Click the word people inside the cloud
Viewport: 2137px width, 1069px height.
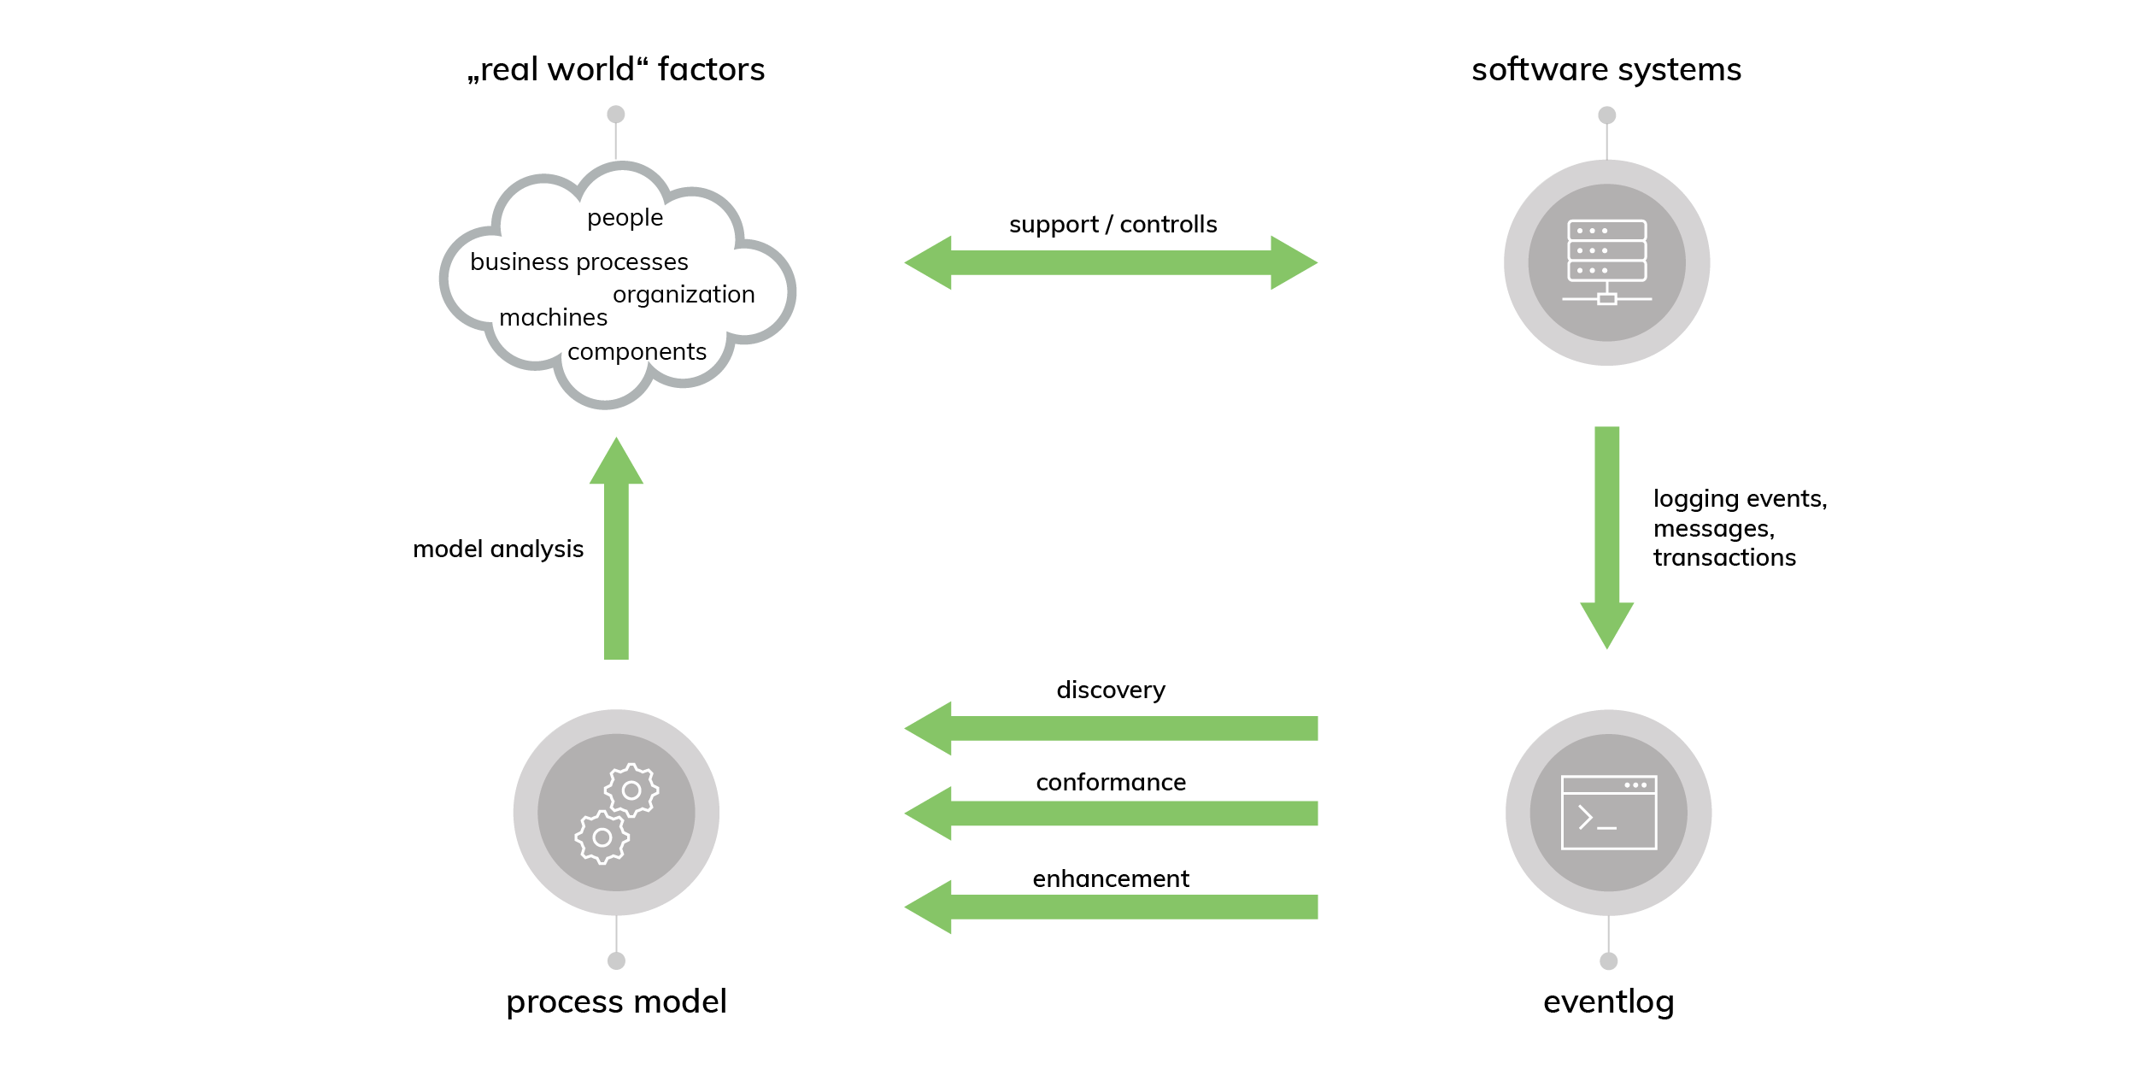tap(625, 218)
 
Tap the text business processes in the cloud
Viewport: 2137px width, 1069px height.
tap(578, 261)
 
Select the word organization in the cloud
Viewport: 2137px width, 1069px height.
tap(684, 294)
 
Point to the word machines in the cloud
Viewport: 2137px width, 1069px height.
tap(553, 317)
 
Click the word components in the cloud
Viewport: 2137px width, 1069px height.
tap(637, 351)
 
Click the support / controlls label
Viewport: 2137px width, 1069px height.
tap(1113, 224)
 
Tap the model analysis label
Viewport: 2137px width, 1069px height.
tap(498, 549)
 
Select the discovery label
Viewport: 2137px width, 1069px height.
tap(1110, 690)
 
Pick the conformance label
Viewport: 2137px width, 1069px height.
tap(1110, 782)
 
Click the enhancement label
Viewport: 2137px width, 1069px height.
tap(1110, 878)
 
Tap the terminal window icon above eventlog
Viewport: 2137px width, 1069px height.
tap(1608, 812)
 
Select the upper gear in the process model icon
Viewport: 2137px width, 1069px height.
tap(631, 790)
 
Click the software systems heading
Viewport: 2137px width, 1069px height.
tap(1606, 69)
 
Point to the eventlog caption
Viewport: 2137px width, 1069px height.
tap(1608, 1001)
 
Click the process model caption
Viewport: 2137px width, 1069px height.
tap(616, 1001)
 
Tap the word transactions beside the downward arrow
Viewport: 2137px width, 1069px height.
tap(1724, 558)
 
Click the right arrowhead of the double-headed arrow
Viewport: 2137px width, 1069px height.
tap(1295, 262)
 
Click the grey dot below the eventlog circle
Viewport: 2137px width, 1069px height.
tap(1608, 961)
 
